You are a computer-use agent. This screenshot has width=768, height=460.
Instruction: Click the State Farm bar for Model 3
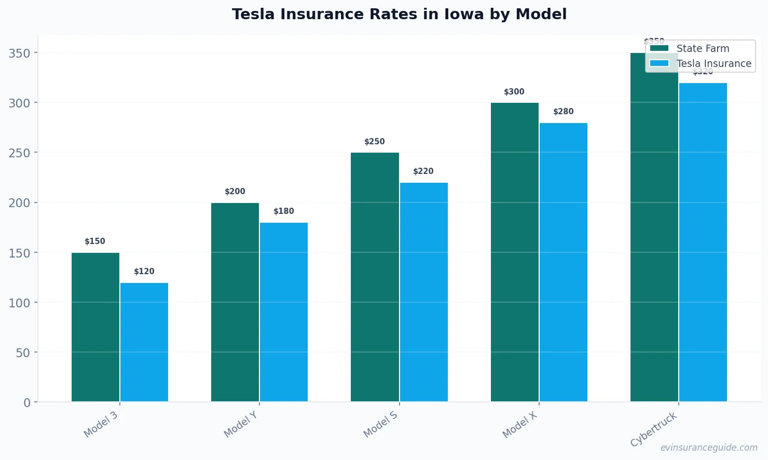(95, 327)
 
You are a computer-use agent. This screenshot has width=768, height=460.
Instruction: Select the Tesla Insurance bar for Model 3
(144, 342)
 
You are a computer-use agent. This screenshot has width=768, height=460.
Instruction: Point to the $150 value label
(95, 241)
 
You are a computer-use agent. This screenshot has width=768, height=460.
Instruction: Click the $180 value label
(284, 211)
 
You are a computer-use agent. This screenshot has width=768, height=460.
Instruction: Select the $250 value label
(375, 142)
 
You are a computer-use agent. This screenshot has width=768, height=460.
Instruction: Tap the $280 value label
(564, 112)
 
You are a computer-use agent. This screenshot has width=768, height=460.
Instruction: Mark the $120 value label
(144, 272)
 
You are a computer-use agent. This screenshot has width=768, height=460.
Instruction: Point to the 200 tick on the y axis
(19, 203)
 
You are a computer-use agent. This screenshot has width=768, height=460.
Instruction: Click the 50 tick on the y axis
(23, 353)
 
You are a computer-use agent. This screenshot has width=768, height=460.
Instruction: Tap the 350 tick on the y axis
(19, 53)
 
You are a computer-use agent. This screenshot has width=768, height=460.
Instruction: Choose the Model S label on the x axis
(380, 424)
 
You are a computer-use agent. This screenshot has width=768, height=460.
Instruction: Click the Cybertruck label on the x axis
(654, 429)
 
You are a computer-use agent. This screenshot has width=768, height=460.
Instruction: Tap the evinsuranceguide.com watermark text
(709, 448)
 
